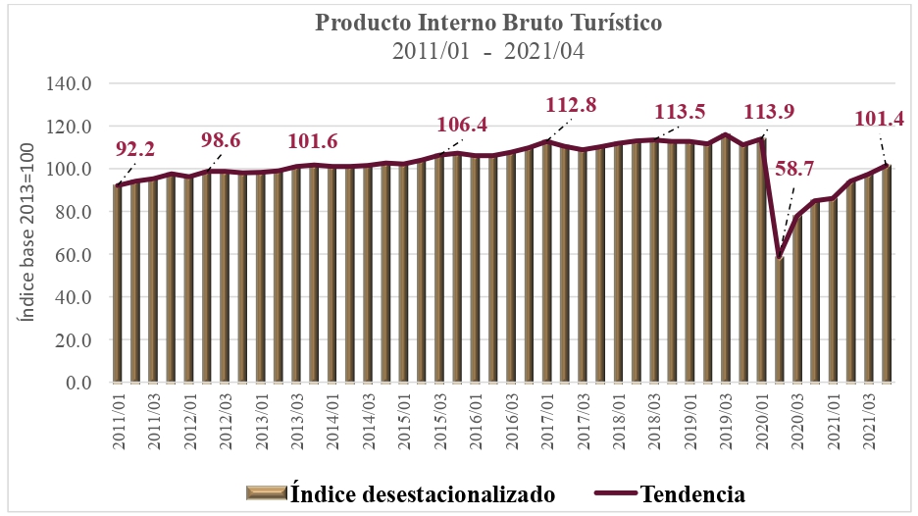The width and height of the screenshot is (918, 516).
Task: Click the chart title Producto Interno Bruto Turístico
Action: point(459,22)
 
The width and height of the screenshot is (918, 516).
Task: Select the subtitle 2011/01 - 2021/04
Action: point(459,51)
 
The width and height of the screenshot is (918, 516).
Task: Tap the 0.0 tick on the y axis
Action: point(76,383)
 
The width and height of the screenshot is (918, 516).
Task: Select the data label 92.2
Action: point(135,149)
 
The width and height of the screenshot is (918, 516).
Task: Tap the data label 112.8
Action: point(571,104)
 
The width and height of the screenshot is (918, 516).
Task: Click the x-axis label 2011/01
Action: point(120,422)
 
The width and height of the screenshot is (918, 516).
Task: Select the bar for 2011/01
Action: point(118,284)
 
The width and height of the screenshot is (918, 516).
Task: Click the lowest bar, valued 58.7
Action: point(779,320)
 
